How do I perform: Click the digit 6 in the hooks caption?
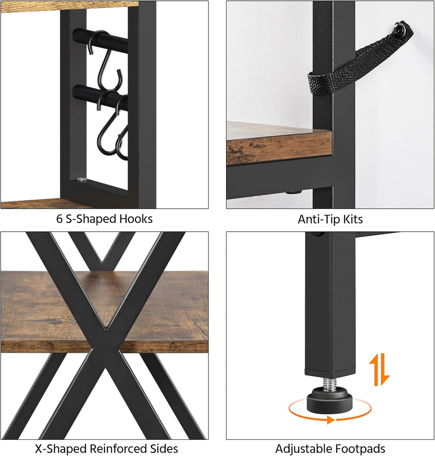coord(59,219)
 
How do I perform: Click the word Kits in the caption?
coord(353,219)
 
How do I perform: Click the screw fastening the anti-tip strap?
coord(398,28)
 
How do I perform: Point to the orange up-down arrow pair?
coord(379,370)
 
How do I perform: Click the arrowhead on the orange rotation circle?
coord(330,419)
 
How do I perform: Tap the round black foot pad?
coord(329,400)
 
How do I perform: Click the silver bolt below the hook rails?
coord(81,179)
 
